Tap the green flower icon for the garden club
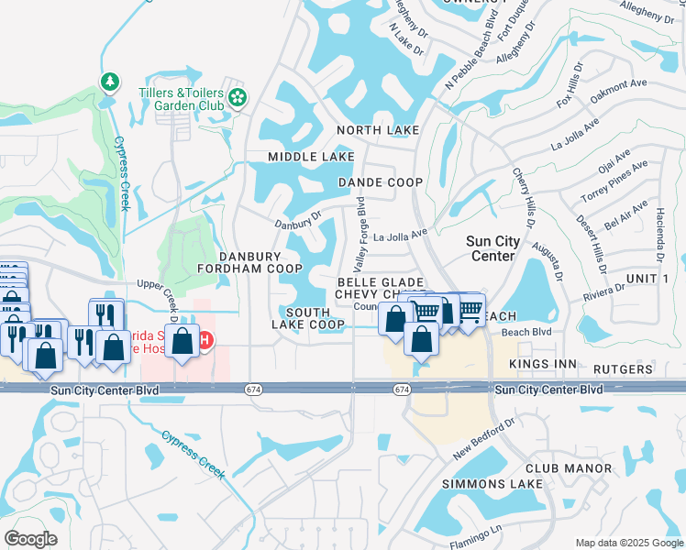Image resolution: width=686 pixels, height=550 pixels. pos(238,96)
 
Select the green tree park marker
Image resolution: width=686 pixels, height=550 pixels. pos(110,82)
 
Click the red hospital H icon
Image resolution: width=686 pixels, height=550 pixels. pos(206,341)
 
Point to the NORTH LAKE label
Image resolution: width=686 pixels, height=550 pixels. pos(377,131)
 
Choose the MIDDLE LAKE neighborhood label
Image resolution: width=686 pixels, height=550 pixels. pos(311,158)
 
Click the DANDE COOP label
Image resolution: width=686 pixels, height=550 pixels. pos(381,182)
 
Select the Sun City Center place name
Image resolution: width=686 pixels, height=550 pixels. pos(492,248)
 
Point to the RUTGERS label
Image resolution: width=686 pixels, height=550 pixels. pos(623,369)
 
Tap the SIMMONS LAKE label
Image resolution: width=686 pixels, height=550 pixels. pos(486,483)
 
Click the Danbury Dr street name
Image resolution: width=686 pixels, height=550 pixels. pos(298,220)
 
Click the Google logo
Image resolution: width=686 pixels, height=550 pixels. pos(30,539)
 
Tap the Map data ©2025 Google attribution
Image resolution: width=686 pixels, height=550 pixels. pos(628,543)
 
